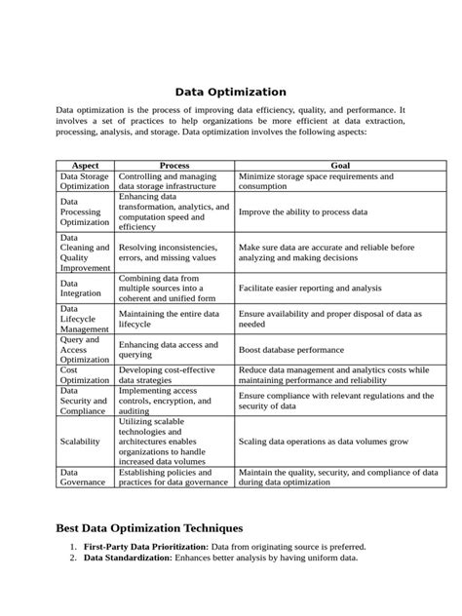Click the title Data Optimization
[230, 92]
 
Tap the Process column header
[173, 166]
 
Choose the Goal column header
[340, 166]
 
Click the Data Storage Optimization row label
[85, 180]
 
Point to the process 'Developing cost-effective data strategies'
[173, 375]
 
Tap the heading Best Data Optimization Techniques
[149, 527]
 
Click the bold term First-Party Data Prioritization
[145, 547]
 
